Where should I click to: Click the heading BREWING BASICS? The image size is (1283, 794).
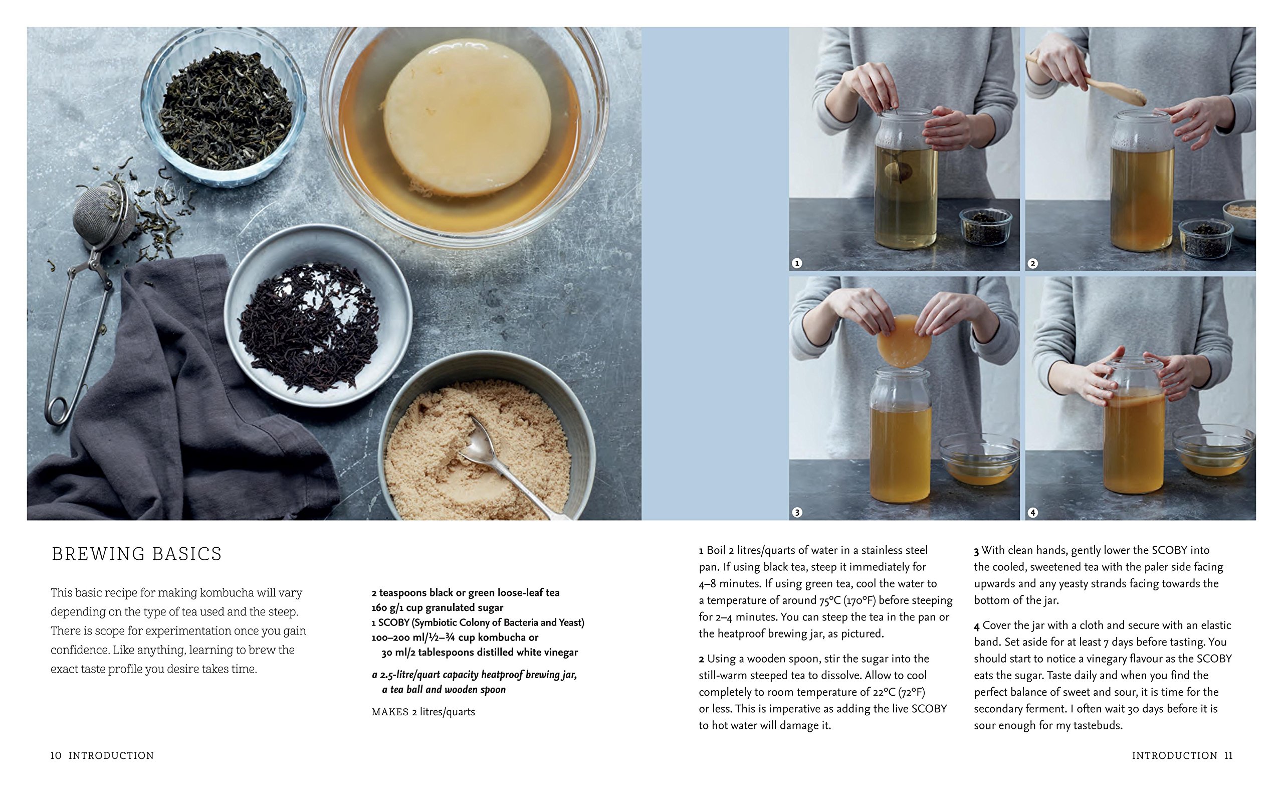pyautogui.click(x=136, y=554)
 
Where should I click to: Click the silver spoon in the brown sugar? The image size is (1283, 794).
pyautogui.click(x=509, y=465)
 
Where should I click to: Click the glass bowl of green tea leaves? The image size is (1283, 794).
pyautogui.click(x=224, y=107)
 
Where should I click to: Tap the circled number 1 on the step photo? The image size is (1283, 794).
pyautogui.click(x=797, y=263)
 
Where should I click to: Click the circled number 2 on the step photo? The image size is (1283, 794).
pyautogui.click(x=1033, y=263)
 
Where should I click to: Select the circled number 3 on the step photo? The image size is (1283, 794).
pyautogui.click(x=797, y=513)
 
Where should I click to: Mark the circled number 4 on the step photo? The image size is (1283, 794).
pyautogui.click(x=1033, y=513)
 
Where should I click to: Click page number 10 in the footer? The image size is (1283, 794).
pyautogui.click(x=56, y=756)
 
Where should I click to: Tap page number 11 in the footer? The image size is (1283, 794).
pyautogui.click(x=1228, y=756)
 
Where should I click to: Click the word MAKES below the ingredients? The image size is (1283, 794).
pyautogui.click(x=390, y=712)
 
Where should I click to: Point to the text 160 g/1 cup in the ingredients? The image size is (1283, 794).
pyautogui.click(x=397, y=608)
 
